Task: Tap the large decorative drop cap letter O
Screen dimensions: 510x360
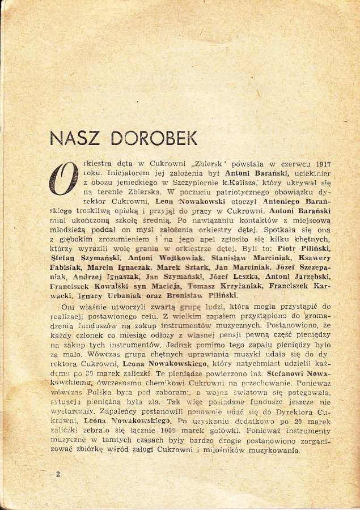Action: pyautogui.click(x=63, y=178)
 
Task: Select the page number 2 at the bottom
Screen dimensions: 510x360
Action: pyautogui.click(x=57, y=473)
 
